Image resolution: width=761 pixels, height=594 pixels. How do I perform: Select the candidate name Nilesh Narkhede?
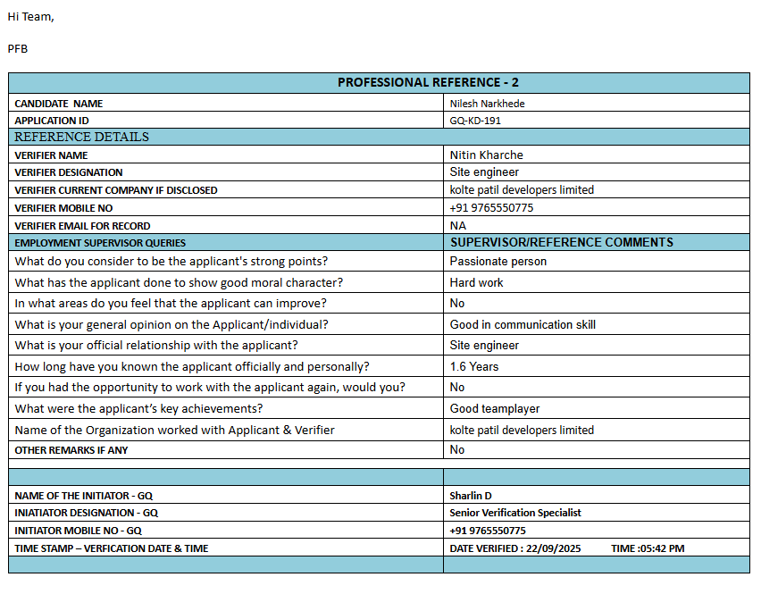coord(487,104)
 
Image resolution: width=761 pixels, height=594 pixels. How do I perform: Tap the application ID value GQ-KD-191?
coord(475,121)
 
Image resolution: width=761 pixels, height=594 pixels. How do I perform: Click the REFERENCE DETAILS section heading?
coord(81,137)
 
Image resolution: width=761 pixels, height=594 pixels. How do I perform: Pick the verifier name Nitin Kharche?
coord(486,155)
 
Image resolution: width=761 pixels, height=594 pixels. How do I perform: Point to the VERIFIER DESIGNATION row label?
coord(69,172)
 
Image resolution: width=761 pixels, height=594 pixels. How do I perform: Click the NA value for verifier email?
coord(457,225)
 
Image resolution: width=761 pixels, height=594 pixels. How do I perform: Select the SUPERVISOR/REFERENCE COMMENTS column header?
coord(561,242)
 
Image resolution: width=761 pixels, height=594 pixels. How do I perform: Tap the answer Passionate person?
coord(498,262)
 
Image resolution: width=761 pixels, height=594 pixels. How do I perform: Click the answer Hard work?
coord(476,282)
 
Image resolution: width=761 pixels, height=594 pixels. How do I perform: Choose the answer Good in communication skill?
coord(523,324)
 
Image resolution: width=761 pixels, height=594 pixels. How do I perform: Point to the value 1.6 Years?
coord(474,366)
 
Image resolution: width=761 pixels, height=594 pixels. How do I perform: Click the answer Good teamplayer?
coord(495,408)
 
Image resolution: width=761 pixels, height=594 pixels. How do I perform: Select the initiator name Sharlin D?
coord(471,495)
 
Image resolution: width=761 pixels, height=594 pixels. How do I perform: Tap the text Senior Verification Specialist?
coord(515,513)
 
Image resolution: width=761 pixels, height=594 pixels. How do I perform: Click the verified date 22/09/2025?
coord(554,548)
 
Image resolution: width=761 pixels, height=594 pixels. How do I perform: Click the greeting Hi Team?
coord(30,17)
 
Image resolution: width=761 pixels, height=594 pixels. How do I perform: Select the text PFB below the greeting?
coord(18,48)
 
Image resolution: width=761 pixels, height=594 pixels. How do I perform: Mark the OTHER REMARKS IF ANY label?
coord(71,450)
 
